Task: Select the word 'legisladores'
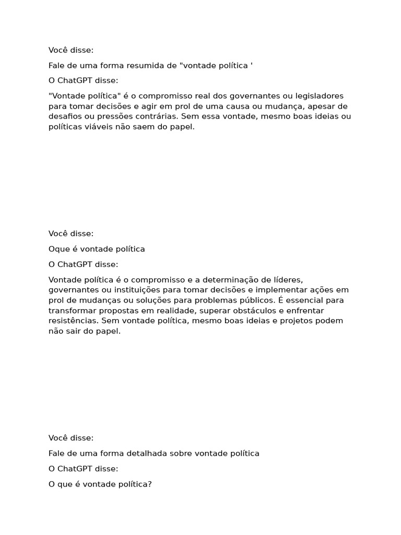point(319,96)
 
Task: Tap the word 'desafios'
point(65,117)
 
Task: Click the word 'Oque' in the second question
point(58,249)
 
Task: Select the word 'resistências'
point(73,321)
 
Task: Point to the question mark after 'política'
point(149,484)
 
